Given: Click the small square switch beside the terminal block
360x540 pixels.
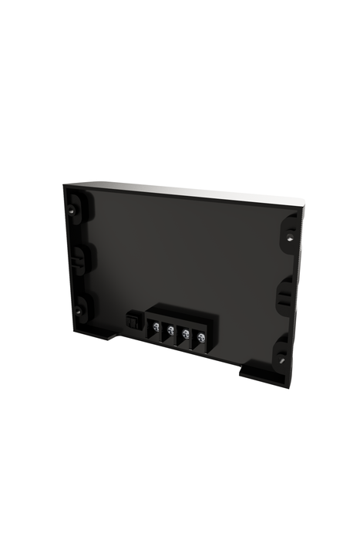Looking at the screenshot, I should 133,316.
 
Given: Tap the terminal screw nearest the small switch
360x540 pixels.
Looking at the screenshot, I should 156,329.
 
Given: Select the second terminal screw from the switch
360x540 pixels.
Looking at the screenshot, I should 170,331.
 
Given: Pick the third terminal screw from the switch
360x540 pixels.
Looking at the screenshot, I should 186,334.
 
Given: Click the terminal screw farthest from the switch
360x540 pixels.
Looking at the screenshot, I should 200,337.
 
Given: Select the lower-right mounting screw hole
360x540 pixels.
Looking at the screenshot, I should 282,358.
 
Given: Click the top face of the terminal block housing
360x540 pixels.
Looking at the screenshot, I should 182,312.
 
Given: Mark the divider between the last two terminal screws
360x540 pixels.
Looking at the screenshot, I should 193,337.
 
